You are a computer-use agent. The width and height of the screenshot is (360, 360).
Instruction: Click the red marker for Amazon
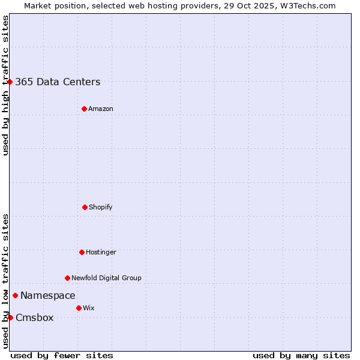tap(84, 109)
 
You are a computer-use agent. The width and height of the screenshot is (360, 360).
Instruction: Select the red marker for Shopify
tap(85, 207)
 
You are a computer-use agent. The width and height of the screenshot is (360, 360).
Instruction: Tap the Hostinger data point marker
tap(82, 252)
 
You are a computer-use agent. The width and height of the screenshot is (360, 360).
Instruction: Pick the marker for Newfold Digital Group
tap(67, 278)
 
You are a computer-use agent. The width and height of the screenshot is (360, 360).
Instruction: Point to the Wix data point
tap(79, 308)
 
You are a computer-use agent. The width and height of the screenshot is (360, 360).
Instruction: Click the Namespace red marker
tap(15, 295)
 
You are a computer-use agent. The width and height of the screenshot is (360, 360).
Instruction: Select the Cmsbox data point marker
tap(10, 317)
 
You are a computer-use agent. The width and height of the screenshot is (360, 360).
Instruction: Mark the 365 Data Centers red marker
tap(10, 82)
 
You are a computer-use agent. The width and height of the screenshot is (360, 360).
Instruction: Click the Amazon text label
tap(101, 109)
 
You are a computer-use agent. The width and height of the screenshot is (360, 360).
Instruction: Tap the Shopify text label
tap(101, 208)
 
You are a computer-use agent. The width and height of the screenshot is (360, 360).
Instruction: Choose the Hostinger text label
tap(101, 253)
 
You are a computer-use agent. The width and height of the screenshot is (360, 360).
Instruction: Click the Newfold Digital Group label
tap(106, 278)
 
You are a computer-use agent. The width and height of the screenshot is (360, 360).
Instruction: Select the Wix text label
tap(89, 308)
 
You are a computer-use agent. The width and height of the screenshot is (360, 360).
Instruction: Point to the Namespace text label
tap(48, 296)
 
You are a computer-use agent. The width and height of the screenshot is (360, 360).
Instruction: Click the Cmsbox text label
tap(35, 318)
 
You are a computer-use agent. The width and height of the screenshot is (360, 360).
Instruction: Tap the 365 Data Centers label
tap(58, 82)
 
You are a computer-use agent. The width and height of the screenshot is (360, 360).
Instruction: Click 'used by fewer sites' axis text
tap(62, 355)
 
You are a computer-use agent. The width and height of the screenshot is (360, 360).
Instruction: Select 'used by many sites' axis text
tap(301, 355)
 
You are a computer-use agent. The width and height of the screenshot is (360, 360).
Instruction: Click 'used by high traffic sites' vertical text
tap(5, 86)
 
